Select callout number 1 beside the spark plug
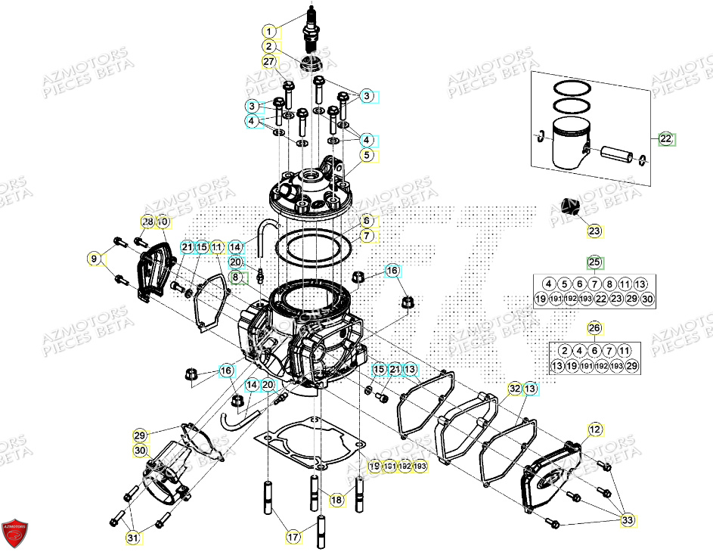point(268,32)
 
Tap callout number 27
point(268,61)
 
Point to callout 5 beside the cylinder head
point(367,156)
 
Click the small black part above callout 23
point(569,206)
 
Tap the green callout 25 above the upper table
point(594,263)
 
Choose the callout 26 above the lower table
point(594,329)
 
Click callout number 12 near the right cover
point(594,429)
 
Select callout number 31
point(133,538)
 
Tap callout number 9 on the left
point(94,259)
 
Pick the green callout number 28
point(147,222)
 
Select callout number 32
point(515,389)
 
